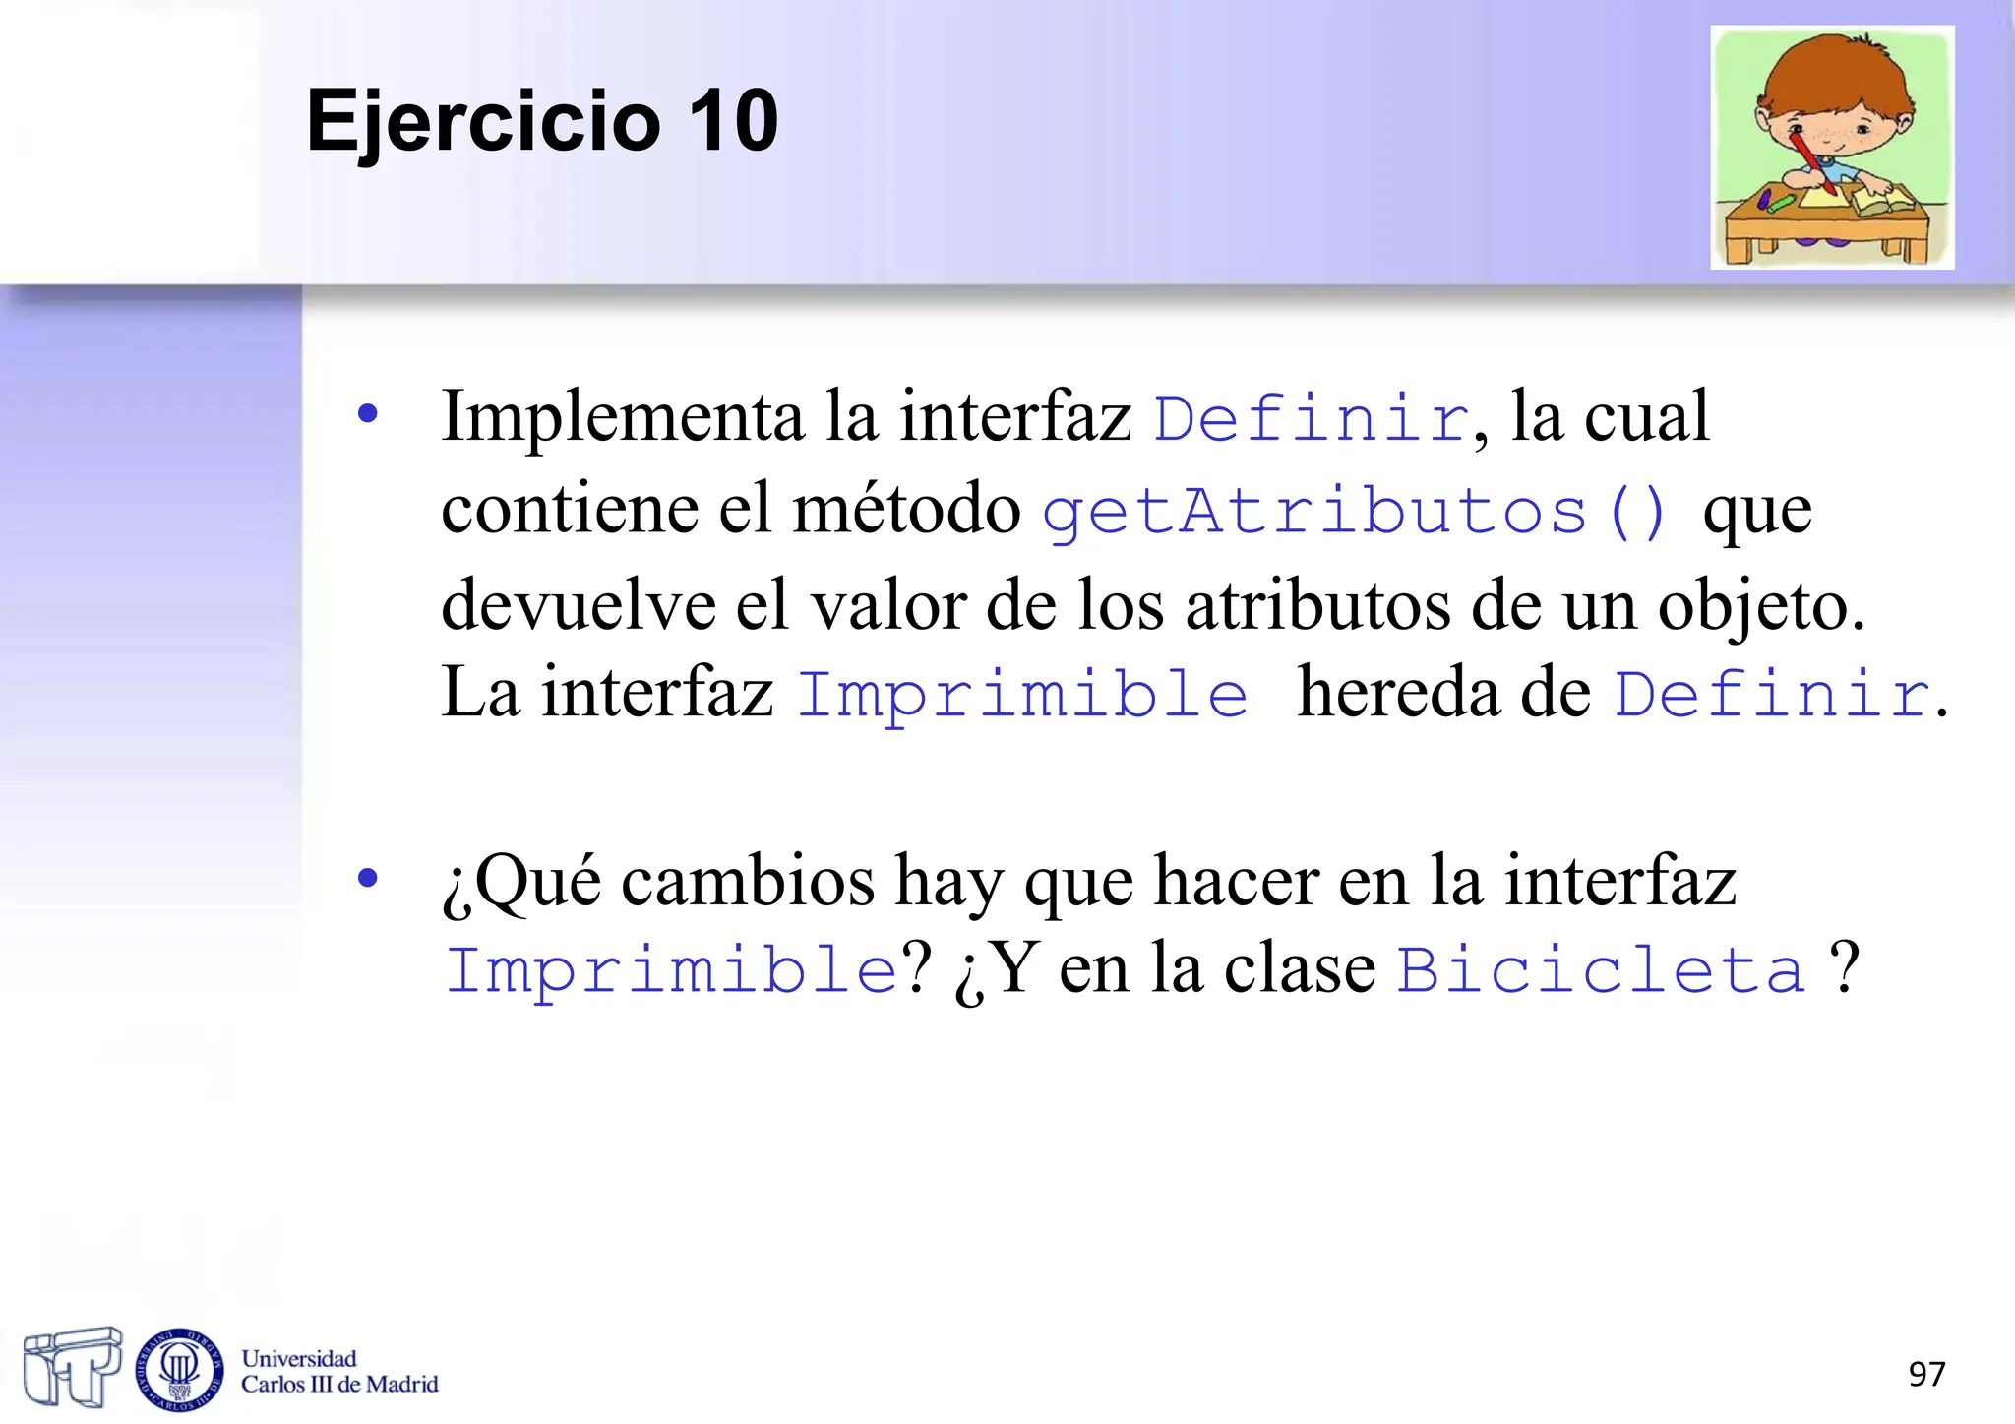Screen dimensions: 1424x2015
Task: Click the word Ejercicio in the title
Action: pyautogui.click(x=482, y=122)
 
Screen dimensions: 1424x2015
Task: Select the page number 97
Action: pyautogui.click(x=1926, y=1374)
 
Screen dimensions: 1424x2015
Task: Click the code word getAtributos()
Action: pyautogui.click(x=1355, y=513)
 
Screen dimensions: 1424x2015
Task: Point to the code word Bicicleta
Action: pyautogui.click(x=1602, y=970)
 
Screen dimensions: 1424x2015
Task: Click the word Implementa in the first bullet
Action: pyautogui.click(x=622, y=417)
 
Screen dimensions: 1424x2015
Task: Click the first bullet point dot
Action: pyautogui.click(x=368, y=413)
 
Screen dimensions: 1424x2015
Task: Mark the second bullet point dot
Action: pyautogui.click(x=368, y=877)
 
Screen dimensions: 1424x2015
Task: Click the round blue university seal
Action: pyautogui.click(x=179, y=1369)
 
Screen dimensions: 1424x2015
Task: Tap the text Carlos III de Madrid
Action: pyautogui.click(x=339, y=1385)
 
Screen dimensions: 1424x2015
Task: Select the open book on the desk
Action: pyautogui.click(x=1881, y=201)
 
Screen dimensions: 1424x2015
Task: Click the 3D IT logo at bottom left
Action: pyautogui.click(x=71, y=1366)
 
